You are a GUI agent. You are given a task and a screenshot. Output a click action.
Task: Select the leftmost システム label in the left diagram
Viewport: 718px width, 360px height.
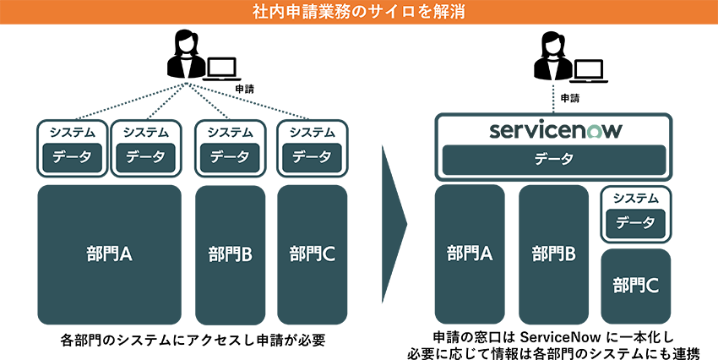(x=72, y=132)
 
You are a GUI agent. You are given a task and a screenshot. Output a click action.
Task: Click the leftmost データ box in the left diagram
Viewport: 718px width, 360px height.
(x=72, y=156)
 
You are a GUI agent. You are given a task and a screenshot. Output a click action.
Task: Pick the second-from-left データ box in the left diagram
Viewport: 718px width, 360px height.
(x=145, y=156)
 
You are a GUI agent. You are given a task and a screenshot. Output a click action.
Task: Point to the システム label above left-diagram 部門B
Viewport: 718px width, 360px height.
(x=230, y=132)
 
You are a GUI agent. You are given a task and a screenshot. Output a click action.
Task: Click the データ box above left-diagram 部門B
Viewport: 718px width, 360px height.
(x=230, y=156)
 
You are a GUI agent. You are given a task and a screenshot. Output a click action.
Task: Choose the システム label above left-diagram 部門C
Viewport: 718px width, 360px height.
(x=312, y=132)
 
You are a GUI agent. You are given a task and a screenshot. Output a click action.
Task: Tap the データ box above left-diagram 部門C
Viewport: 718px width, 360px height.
(x=312, y=156)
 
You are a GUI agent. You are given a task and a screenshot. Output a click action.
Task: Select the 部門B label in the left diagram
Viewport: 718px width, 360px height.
(x=230, y=254)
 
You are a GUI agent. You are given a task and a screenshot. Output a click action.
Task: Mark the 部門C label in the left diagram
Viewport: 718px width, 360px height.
(x=312, y=254)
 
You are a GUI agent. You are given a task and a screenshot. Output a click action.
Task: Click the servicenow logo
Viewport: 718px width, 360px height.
(x=554, y=130)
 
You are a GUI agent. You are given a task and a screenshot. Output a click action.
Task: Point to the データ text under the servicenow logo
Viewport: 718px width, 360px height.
(x=554, y=159)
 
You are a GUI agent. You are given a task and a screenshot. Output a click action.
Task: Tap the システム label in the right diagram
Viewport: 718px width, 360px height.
(x=635, y=199)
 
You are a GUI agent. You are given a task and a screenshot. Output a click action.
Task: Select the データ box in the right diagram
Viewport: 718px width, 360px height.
(x=635, y=223)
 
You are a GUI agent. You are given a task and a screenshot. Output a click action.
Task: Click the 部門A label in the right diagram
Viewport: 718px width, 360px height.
(x=470, y=254)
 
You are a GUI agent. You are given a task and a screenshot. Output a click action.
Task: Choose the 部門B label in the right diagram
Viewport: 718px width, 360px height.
(x=553, y=254)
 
